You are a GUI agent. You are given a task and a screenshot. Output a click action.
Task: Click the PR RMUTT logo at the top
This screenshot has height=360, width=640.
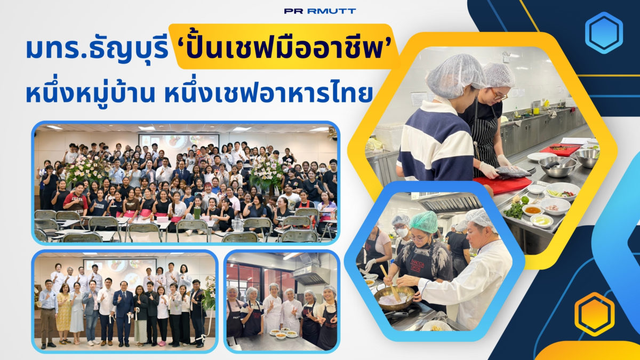(x=320, y=11)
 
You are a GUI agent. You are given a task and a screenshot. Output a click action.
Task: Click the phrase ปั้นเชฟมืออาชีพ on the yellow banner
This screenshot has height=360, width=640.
(x=284, y=47)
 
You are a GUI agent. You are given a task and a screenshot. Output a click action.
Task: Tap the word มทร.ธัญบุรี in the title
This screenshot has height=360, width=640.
(x=97, y=49)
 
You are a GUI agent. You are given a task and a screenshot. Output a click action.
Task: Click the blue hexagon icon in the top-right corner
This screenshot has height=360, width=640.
(x=604, y=33)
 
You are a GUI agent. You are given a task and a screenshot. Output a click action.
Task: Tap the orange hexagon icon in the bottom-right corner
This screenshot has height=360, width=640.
(x=595, y=314)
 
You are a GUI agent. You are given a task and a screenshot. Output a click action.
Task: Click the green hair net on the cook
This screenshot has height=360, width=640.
(x=424, y=221)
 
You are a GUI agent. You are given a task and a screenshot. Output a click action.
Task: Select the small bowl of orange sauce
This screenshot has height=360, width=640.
(x=533, y=210)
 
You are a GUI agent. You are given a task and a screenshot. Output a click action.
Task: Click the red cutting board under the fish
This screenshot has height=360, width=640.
(x=503, y=185)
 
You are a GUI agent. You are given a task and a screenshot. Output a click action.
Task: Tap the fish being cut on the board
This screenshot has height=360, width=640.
(x=513, y=171)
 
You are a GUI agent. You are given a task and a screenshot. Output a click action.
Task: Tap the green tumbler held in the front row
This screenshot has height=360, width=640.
(x=197, y=213)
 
